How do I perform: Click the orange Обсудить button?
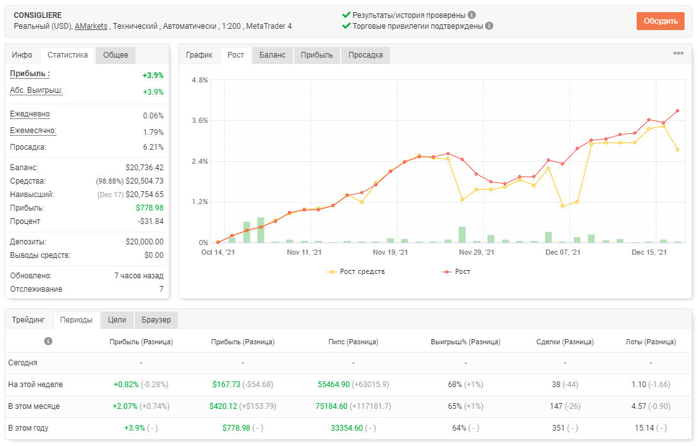tap(660, 21)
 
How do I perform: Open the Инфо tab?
tap(22, 55)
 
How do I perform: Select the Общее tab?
tap(116, 55)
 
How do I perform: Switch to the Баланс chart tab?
tap(272, 55)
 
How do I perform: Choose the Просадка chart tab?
tap(366, 55)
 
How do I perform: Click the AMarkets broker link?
tap(91, 26)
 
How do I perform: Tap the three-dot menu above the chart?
tap(678, 53)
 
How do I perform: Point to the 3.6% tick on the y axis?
tap(200, 120)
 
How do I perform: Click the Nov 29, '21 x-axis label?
tap(476, 252)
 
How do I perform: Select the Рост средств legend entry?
tap(356, 271)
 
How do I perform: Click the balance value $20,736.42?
tap(144, 168)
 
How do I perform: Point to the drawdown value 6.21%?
tap(153, 147)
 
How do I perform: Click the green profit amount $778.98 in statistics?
tap(150, 207)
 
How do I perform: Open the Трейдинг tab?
tap(29, 320)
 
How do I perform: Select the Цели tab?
tap(117, 320)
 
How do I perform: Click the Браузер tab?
tap(156, 320)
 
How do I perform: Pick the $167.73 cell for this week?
tap(226, 384)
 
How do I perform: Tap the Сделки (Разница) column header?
tap(565, 342)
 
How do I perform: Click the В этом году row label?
tap(28, 427)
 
